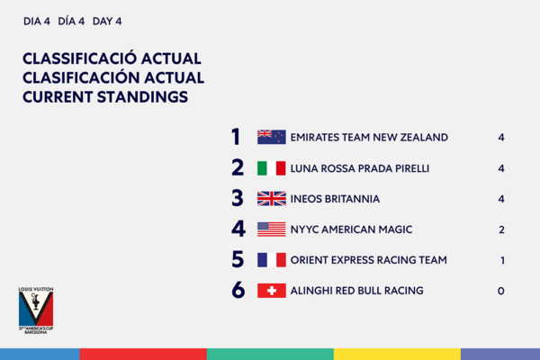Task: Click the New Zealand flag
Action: tap(272, 137)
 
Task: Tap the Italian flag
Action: tap(272, 168)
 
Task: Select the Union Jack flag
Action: tap(272, 199)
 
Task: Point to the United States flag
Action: tap(272, 229)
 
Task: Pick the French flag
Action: tap(272, 260)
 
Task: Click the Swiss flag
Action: tap(272, 291)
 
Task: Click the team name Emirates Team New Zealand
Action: tap(369, 138)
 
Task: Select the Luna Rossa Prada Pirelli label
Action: tap(360, 168)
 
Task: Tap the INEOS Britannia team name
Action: tap(335, 199)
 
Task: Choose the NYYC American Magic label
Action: tap(351, 229)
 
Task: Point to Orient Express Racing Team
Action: tap(369, 260)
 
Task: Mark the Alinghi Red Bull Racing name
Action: tap(356, 291)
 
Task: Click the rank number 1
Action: tap(236, 137)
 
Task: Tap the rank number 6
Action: tap(238, 290)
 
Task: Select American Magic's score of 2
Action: tap(502, 229)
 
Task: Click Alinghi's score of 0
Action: tap(501, 291)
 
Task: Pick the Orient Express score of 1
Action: tap(503, 260)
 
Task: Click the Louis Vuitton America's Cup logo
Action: tap(36, 310)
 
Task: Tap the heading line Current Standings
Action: tap(105, 97)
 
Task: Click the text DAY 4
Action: tap(107, 22)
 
